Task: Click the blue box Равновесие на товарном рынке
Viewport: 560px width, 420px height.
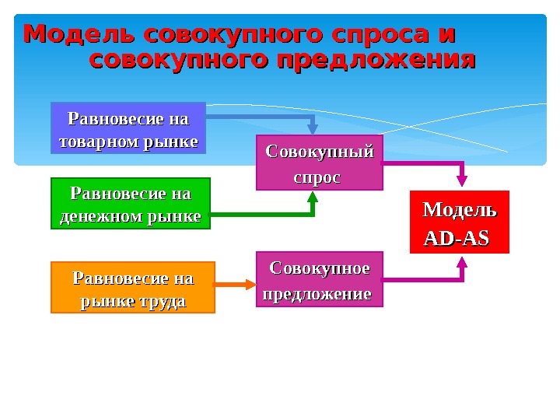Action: (x=128, y=128)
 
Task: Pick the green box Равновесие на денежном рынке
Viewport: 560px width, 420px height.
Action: (x=130, y=203)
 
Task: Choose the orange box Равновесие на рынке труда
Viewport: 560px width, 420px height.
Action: (x=132, y=287)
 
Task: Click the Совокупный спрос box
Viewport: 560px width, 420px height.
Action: (x=320, y=163)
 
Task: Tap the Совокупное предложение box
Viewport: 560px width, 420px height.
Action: (x=320, y=279)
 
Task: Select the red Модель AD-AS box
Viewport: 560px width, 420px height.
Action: (x=459, y=222)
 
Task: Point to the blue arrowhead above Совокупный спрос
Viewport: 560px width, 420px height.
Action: (x=313, y=128)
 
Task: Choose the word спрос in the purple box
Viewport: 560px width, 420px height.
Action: (x=316, y=177)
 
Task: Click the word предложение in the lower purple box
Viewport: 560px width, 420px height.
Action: (x=317, y=295)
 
